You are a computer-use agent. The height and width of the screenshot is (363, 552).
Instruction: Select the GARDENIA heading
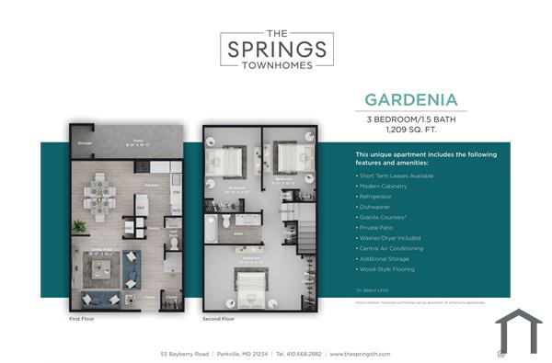410,99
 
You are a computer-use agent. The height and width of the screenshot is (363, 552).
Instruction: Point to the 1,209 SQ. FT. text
410,131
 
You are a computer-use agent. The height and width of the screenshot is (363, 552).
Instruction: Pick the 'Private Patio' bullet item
378,228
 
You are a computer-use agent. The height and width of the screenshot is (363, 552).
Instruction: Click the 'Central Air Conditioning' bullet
391,248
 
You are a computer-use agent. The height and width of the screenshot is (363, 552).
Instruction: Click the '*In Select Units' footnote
372,289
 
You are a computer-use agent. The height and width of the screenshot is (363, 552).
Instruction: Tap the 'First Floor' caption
82,318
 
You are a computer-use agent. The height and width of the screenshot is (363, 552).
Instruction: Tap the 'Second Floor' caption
219,318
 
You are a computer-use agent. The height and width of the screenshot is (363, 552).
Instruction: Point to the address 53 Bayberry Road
185,353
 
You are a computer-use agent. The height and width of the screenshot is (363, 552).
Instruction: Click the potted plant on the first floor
80,225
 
